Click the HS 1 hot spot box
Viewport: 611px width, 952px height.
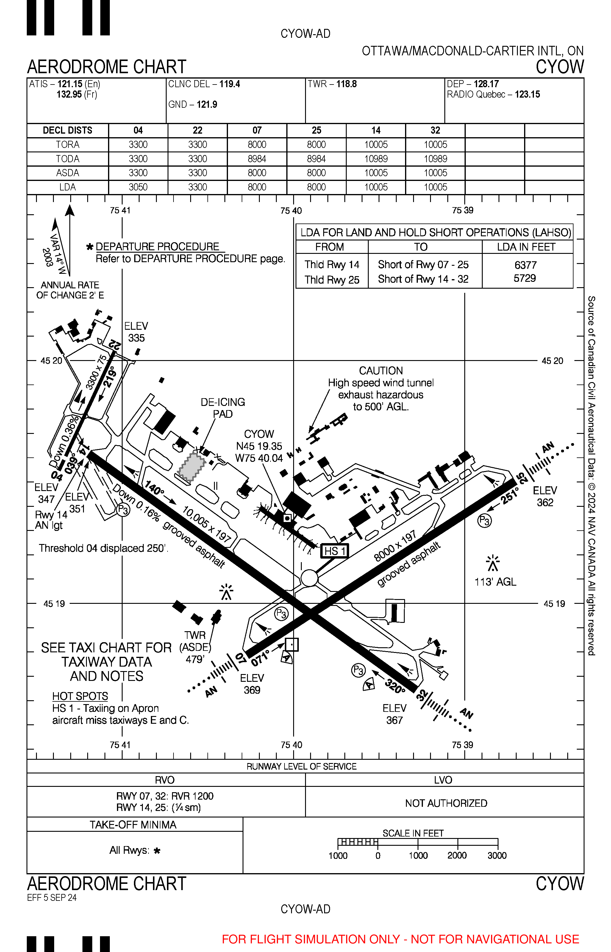pyautogui.click(x=335, y=551)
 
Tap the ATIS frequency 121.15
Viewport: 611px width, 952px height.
pyautogui.click(x=70, y=84)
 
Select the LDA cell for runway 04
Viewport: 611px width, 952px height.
pyautogui.click(x=138, y=187)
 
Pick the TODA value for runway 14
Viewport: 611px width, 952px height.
pyautogui.click(x=376, y=159)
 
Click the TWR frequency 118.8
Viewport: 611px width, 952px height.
pyautogui.click(x=346, y=84)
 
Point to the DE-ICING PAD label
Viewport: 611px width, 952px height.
pyautogui.click(x=223, y=408)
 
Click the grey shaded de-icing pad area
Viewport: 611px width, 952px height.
pyautogui.click(x=192, y=467)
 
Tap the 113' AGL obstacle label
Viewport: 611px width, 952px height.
pyautogui.click(x=495, y=582)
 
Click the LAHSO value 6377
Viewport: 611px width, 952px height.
pyautogui.click(x=525, y=265)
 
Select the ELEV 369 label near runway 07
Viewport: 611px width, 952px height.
pyautogui.click(x=252, y=684)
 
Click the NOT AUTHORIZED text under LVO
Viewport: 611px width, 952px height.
pyautogui.click(x=446, y=803)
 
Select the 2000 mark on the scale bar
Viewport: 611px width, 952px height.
pyautogui.click(x=457, y=856)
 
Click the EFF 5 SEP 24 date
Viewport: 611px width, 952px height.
pyautogui.click(x=52, y=898)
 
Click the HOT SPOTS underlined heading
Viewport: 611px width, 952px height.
pyautogui.click(x=80, y=696)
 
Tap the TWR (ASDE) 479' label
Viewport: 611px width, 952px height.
pyautogui.click(x=195, y=647)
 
